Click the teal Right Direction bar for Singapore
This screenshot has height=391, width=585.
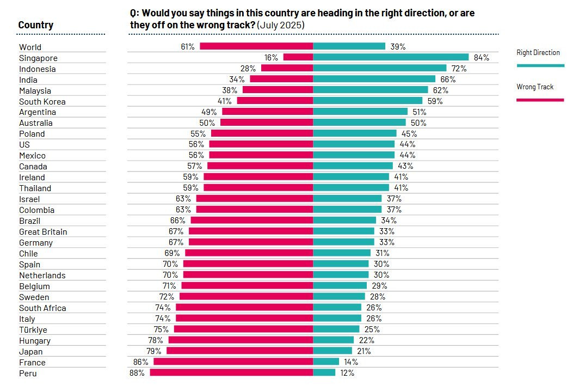click(x=390, y=57)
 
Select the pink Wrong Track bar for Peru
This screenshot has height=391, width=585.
click(x=231, y=372)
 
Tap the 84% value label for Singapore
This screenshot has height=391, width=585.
click(x=482, y=58)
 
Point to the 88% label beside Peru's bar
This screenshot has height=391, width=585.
click(x=137, y=373)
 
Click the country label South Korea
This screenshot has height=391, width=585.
click(x=42, y=101)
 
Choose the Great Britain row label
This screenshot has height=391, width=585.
click(x=43, y=232)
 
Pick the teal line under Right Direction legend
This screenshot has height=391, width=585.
click(x=540, y=65)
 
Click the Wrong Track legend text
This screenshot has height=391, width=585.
click(x=534, y=87)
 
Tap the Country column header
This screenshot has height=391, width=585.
click(x=35, y=25)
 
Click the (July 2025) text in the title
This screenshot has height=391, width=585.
click(x=281, y=25)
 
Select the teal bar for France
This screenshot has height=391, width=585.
click(x=326, y=362)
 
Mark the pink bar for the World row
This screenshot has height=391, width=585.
click(x=256, y=46)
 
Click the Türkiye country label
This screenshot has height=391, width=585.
click(x=33, y=330)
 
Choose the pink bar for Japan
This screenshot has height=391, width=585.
click(x=240, y=351)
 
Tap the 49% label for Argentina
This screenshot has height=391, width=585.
click(x=209, y=112)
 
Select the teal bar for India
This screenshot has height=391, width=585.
click(x=374, y=79)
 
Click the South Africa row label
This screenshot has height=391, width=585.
click(x=42, y=308)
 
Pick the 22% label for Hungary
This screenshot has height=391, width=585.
click(x=366, y=340)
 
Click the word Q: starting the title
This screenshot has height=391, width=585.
click(x=134, y=13)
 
